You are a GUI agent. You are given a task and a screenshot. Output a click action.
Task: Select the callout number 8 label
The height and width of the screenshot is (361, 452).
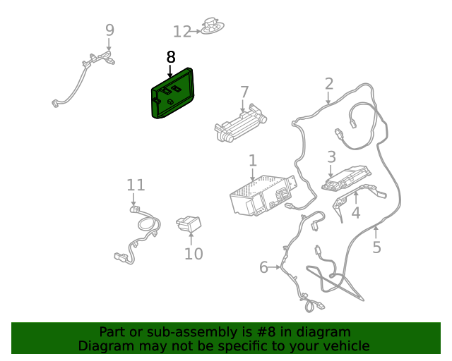click(170, 57)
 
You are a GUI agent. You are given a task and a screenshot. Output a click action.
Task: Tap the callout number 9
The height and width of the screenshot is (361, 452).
click(109, 30)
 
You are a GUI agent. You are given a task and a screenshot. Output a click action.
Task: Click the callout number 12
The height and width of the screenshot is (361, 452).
click(182, 32)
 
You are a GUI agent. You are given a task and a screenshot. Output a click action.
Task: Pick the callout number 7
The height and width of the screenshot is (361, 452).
click(244, 92)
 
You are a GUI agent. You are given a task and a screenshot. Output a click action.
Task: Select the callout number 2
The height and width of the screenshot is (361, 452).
click(329, 84)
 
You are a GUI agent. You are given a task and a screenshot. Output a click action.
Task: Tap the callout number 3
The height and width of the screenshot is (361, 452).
click(331, 157)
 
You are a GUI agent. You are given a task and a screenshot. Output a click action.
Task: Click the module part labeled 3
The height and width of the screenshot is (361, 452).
click(346, 178)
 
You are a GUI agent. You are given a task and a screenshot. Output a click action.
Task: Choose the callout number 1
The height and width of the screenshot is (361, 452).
click(253, 161)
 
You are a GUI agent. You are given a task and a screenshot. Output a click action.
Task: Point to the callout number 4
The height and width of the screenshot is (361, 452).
click(356, 212)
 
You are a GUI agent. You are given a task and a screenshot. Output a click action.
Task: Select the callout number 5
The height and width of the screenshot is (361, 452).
click(376, 247)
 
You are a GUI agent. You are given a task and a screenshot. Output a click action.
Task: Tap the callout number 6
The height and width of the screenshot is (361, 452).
click(263, 267)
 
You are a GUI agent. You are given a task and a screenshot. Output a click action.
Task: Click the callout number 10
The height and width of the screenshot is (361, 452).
click(194, 253)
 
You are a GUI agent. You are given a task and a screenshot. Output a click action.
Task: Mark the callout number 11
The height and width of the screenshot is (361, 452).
click(136, 185)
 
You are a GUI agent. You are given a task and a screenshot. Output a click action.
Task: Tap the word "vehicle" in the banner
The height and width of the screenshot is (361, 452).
click(345, 346)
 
